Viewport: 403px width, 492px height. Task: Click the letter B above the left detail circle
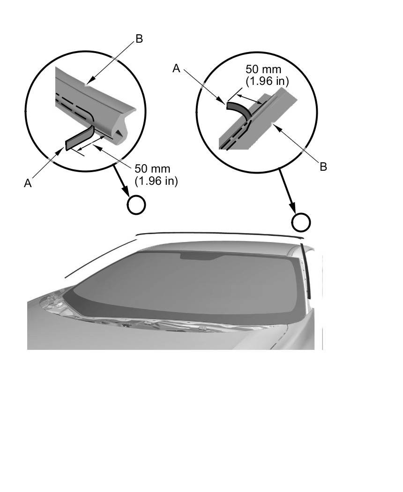139,38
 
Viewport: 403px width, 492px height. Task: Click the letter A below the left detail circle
28,183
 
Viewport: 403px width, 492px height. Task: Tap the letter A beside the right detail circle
177,68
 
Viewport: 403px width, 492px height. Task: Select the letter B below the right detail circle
323,167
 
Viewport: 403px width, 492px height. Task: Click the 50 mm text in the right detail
263,69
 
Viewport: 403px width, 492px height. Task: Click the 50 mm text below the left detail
152,168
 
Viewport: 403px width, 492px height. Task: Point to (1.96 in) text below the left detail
156,181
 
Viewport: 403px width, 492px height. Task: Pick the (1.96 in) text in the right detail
267,81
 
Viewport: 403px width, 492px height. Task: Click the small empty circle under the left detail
136,205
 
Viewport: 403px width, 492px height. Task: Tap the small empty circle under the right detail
301,222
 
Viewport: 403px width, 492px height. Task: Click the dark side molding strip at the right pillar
306,271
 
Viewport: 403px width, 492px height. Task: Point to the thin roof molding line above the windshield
219,234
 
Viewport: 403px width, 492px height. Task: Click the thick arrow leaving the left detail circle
121,180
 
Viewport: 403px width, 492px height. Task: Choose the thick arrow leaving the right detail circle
287,190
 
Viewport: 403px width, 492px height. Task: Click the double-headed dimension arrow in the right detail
249,98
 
